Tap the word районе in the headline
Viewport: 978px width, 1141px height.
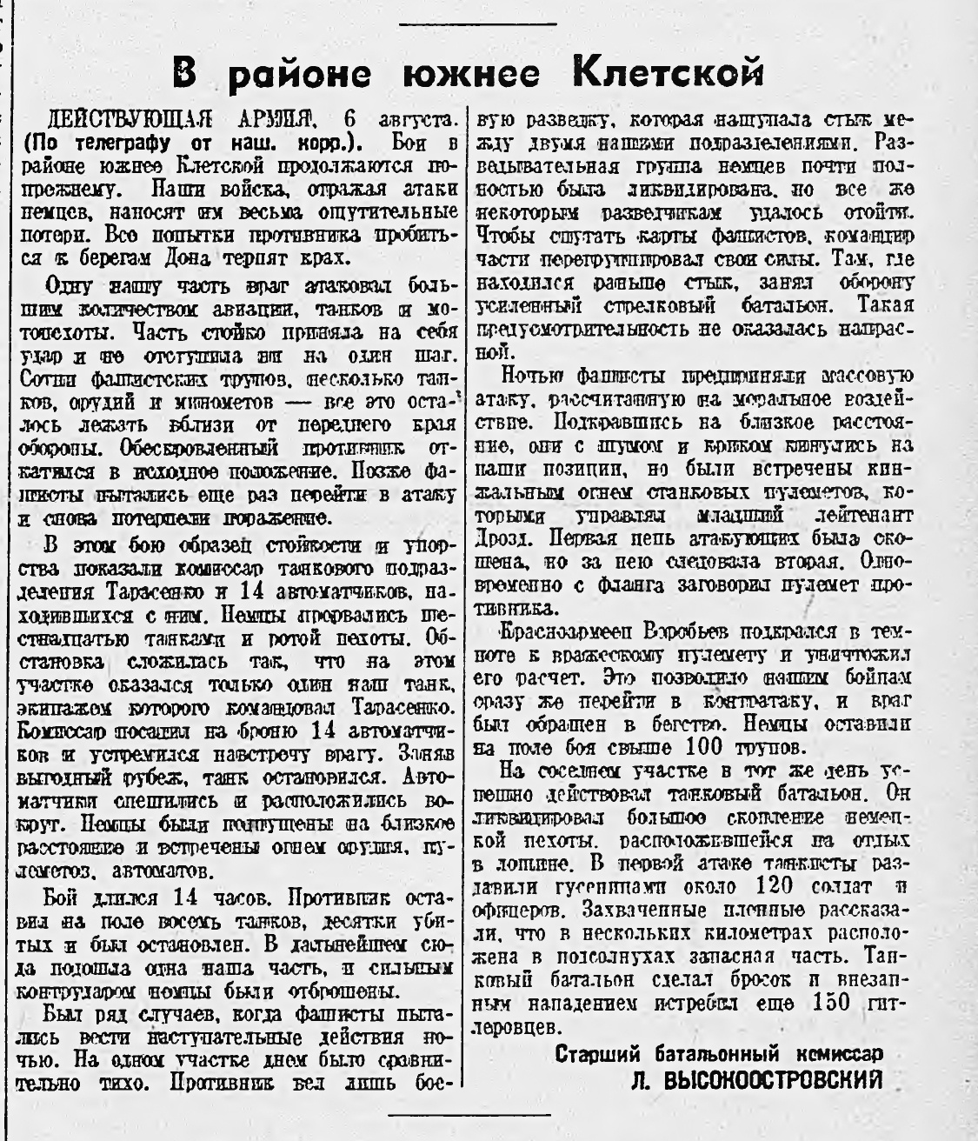[306, 73]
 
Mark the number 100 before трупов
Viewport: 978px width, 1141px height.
[702, 746]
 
